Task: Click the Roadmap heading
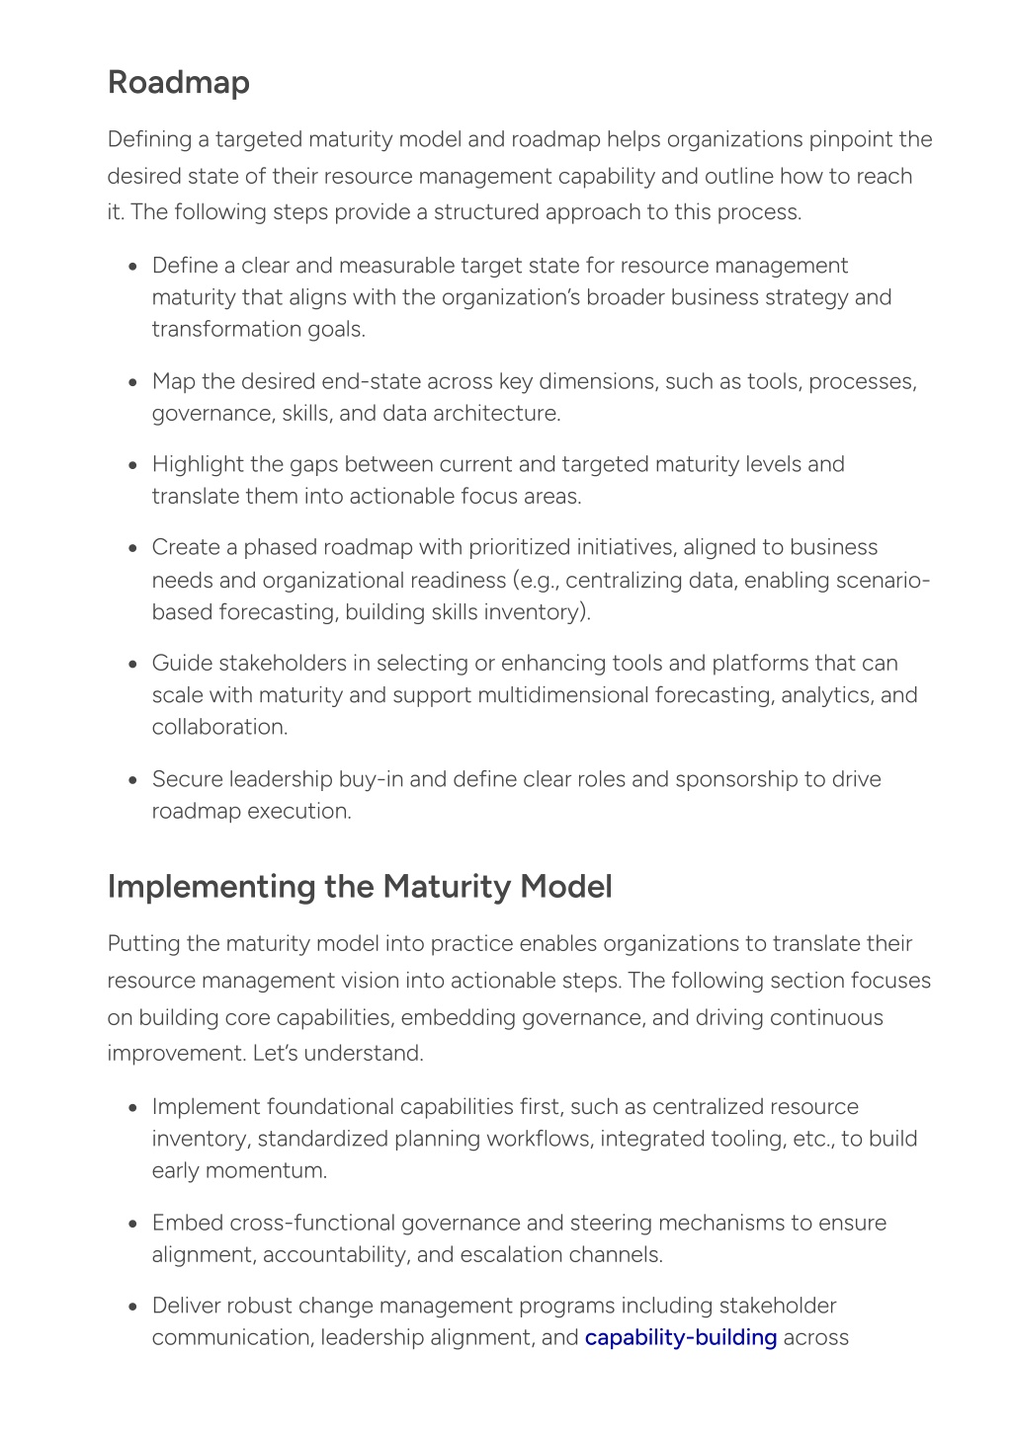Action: (178, 82)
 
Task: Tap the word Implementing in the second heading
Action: (211, 887)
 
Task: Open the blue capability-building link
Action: (681, 1337)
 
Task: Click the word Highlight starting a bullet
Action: (197, 464)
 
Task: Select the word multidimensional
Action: (562, 695)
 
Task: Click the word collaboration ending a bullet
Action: (219, 727)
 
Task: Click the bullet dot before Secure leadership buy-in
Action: (132, 780)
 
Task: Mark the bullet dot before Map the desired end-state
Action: (132, 382)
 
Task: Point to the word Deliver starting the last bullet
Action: (186, 1306)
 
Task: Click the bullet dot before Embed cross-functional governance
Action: (132, 1224)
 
